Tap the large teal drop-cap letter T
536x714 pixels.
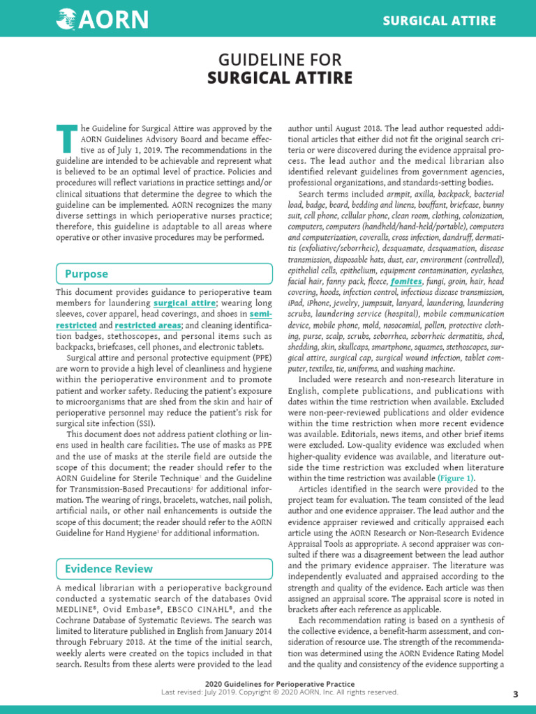point(66,139)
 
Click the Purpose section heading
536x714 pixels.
point(86,274)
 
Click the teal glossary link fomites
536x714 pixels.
point(406,281)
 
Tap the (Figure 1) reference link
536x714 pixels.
point(456,478)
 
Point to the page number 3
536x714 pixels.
point(515,694)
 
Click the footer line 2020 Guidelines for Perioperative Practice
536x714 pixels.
point(279,684)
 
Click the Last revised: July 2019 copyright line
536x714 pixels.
point(279,692)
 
